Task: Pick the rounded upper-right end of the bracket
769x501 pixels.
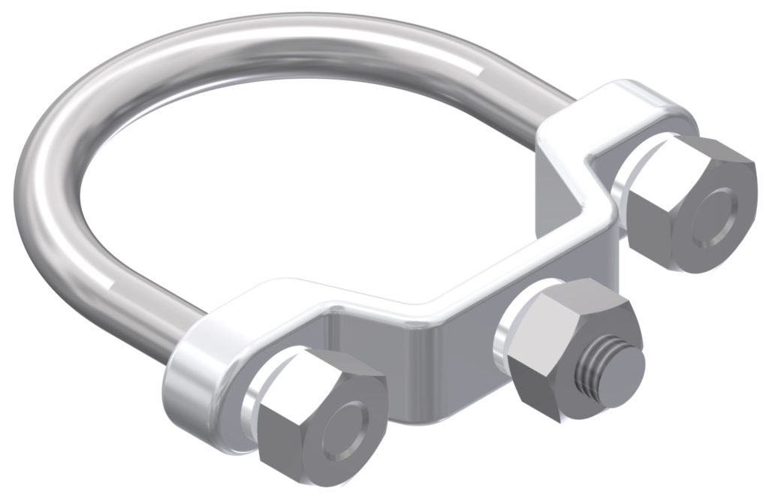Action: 661,113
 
